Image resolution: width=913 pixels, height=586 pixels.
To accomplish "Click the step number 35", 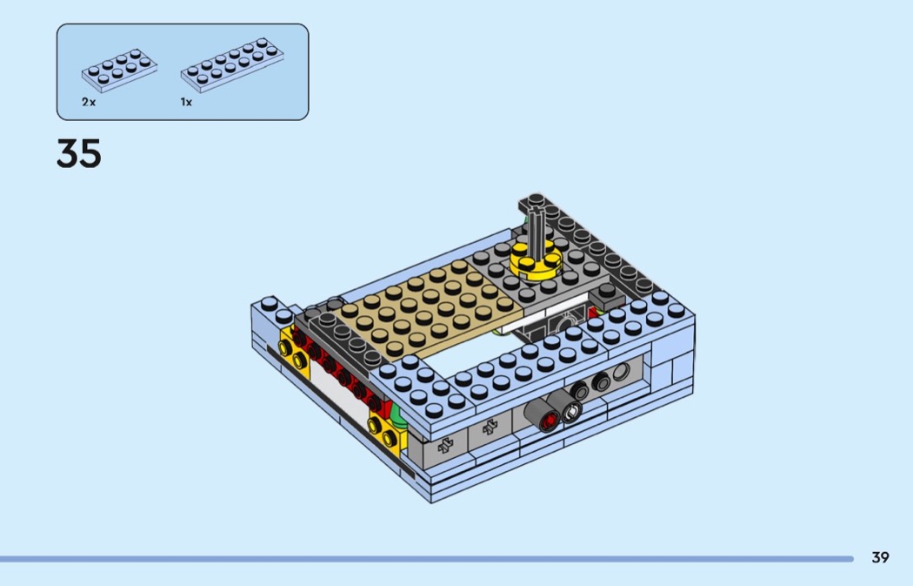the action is pyautogui.click(x=78, y=153).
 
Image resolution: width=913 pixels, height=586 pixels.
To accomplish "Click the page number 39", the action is pyautogui.click(x=880, y=557).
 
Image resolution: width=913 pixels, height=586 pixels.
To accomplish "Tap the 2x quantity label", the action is pyautogui.click(x=89, y=102).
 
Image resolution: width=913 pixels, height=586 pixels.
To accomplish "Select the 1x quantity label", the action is pyautogui.click(x=186, y=102).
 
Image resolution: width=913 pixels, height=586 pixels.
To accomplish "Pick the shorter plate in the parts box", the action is pyautogui.click(x=119, y=70).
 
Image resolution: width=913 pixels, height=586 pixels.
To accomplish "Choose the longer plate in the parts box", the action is pyautogui.click(x=232, y=64).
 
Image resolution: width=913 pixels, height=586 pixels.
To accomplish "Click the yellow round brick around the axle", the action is pyautogui.click(x=536, y=262).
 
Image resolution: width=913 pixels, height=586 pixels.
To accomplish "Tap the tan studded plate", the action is pyautogui.click(x=424, y=309).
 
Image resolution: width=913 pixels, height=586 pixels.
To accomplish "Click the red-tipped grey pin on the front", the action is pyautogui.click(x=542, y=414).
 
